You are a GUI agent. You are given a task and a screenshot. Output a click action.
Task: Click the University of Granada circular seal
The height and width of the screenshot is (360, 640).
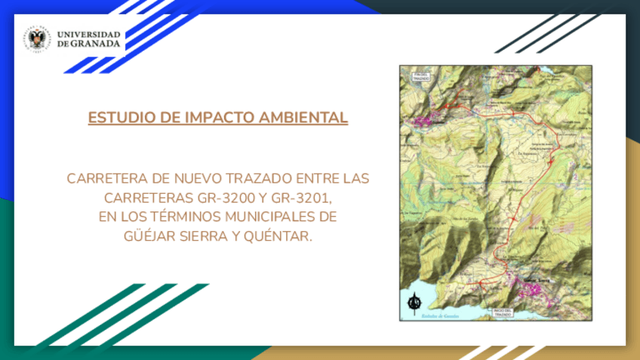(x=36, y=39)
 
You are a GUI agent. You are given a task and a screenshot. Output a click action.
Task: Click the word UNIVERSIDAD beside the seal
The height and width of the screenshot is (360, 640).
(x=88, y=35)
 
